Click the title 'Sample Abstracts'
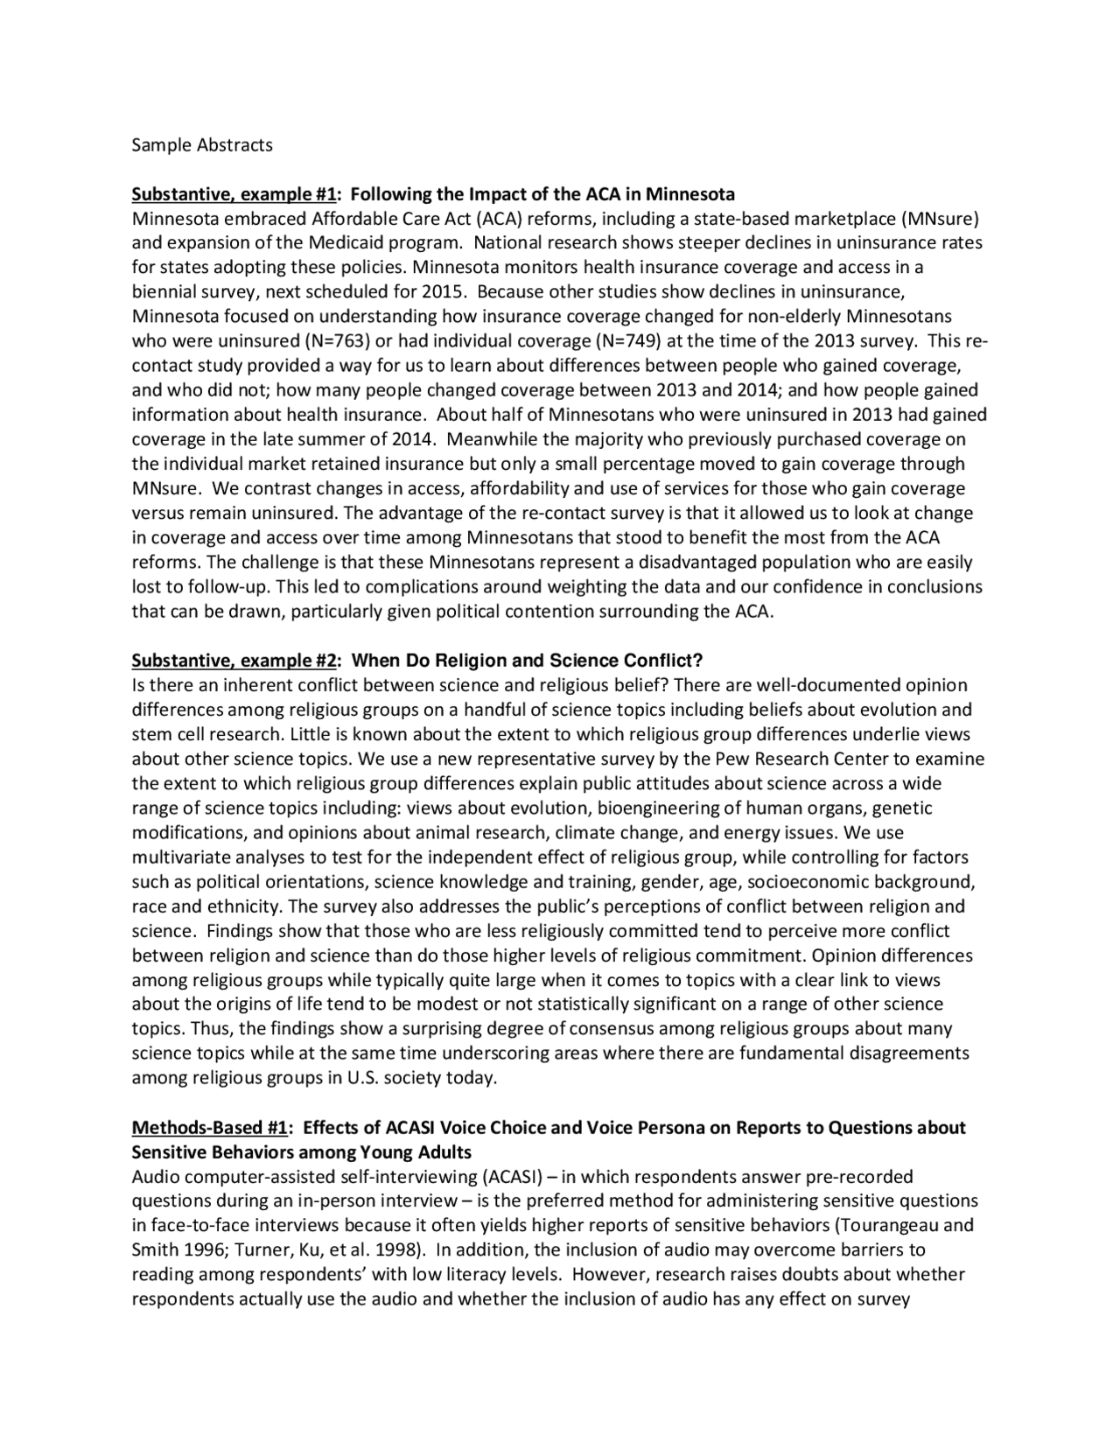pyautogui.click(x=202, y=145)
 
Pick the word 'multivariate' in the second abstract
pyautogui.click(x=181, y=857)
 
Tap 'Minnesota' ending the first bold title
pyautogui.click(x=690, y=194)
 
